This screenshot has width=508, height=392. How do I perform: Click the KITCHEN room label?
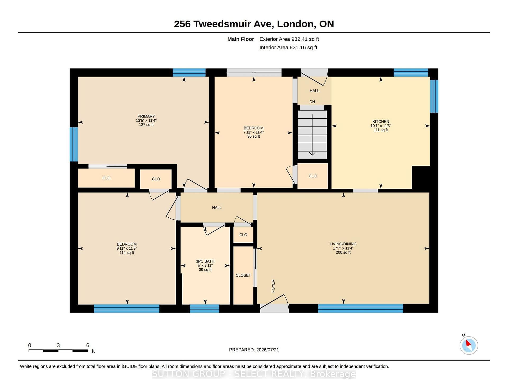pyautogui.click(x=381, y=122)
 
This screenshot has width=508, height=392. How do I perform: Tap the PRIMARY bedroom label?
pyautogui.click(x=146, y=116)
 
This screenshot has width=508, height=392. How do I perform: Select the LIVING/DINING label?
pyautogui.click(x=343, y=244)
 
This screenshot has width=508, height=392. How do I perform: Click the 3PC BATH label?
pyautogui.click(x=205, y=261)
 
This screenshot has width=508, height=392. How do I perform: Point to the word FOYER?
pyautogui.click(x=273, y=286)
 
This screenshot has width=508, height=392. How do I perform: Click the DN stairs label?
pyautogui.click(x=312, y=102)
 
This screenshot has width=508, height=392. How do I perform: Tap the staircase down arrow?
pyautogui.click(x=312, y=135)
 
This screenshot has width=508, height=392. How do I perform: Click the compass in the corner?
pyautogui.click(x=469, y=345)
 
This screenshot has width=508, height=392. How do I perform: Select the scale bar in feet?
pyautogui.click(x=58, y=351)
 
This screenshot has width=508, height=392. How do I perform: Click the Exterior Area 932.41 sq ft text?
pyautogui.click(x=289, y=39)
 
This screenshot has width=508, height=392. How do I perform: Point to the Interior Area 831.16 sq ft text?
pyautogui.click(x=288, y=48)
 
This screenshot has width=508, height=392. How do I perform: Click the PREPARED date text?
pyautogui.click(x=254, y=350)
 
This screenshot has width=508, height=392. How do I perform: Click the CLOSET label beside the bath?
pyautogui.click(x=243, y=275)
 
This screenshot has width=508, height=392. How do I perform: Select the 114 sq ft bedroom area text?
pyautogui.click(x=127, y=253)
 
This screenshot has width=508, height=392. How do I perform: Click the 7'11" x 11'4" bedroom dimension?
pyautogui.click(x=253, y=132)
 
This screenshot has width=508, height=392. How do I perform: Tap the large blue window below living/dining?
pyautogui.click(x=360, y=309)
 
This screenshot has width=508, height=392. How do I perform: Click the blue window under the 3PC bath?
pyautogui.click(x=205, y=309)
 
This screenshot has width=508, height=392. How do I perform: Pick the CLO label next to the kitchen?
pyautogui.click(x=312, y=176)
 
